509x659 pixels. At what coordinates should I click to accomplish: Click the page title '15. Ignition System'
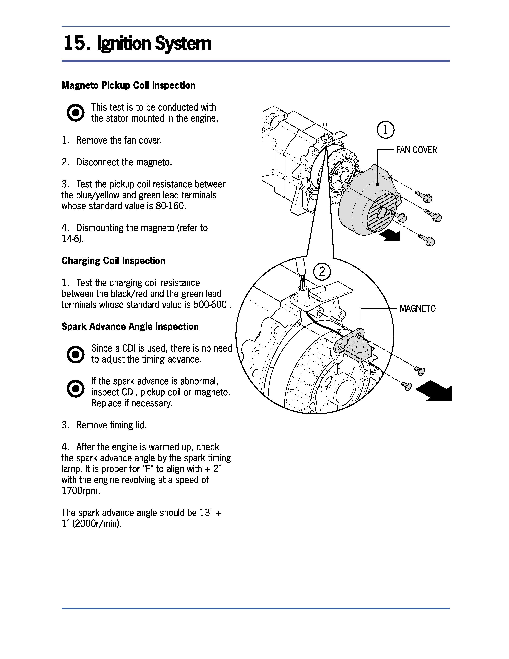click(x=137, y=44)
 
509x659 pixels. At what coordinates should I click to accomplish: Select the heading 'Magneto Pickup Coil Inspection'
click(x=129, y=85)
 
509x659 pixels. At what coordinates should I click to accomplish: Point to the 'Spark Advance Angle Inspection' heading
click(x=130, y=327)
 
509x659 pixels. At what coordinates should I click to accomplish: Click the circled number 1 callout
click(x=385, y=130)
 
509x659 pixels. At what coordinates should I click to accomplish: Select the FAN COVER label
click(x=416, y=150)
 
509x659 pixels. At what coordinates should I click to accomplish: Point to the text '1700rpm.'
click(x=81, y=491)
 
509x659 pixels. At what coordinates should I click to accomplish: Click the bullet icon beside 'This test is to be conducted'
click(x=75, y=113)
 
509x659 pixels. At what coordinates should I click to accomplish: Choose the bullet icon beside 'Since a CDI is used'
click(x=75, y=354)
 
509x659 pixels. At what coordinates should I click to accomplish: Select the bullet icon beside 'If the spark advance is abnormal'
click(x=75, y=389)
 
